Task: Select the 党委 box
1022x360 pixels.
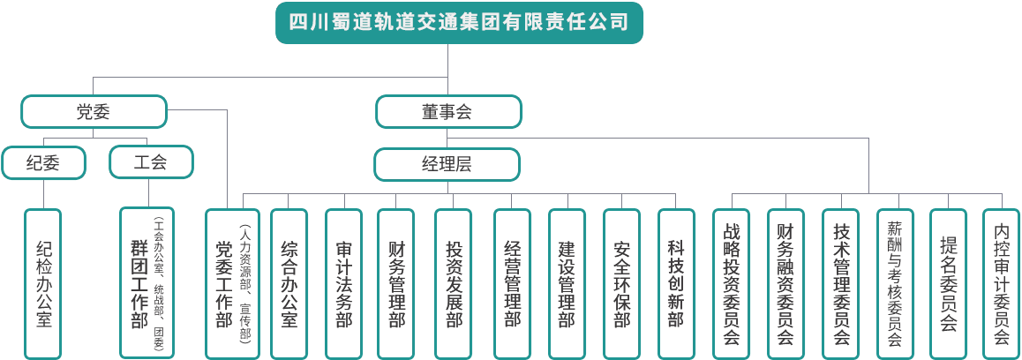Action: [94, 113]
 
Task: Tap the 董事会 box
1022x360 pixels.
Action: [447, 113]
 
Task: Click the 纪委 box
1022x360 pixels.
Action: [44, 162]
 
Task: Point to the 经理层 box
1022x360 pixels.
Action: [447, 163]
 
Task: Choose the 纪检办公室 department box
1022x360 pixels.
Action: [44, 282]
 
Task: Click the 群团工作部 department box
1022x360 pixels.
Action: [146, 282]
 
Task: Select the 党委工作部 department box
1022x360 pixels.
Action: [231, 282]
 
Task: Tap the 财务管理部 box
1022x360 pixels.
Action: [397, 282]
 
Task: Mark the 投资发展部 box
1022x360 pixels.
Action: [455, 282]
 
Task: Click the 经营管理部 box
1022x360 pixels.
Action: [513, 282]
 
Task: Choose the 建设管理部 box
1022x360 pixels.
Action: [567, 282]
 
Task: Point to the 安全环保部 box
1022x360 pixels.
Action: [622, 282]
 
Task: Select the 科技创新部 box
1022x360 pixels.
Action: [677, 282]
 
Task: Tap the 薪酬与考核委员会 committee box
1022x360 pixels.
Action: [895, 282]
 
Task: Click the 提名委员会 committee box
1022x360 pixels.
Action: [949, 282]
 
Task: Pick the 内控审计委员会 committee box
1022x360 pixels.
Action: [1002, 282]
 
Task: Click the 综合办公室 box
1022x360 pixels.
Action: [288, 282]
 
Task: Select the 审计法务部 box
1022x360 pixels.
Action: [344, 282]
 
